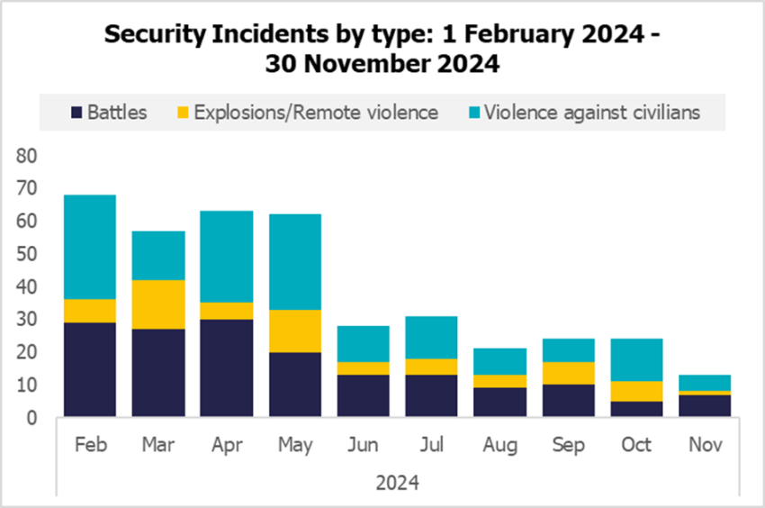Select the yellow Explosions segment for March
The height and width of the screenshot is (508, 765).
[157, 304]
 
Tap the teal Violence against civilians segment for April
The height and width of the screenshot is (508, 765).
[227, 257]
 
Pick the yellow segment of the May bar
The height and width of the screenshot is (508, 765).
[295, 331]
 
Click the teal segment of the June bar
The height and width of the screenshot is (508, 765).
[364, 344]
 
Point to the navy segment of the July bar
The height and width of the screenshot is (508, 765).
[432, 395]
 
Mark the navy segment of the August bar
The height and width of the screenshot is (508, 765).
[500, 402]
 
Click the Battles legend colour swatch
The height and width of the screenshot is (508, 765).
[77, 113]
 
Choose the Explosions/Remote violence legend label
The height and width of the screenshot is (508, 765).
[315, 113]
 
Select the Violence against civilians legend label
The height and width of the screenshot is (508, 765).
[591, 113]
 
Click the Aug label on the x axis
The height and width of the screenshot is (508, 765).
[500, 446]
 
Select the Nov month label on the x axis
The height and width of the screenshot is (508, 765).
[705, 446]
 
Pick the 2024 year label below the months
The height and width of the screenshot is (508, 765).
[397, 483]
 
